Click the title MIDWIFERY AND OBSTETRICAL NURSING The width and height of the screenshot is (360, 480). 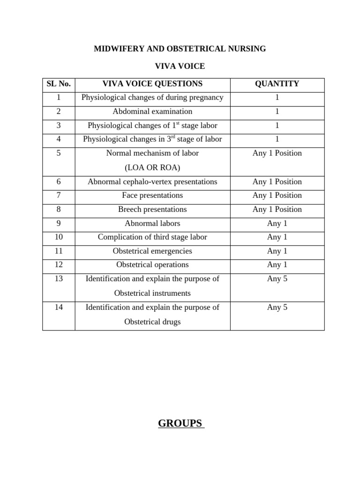pyautogui.click(x=180, y=49)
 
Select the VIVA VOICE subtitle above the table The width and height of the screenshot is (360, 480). pyautogui.click(x=180, y=67)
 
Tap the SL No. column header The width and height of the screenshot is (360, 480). pyautogui.click(x=59, y=84)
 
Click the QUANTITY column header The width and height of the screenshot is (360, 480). pyautogui.click(x=277, y=84)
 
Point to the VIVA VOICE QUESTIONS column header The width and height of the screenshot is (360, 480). pyautogui.click(x=152, y=84)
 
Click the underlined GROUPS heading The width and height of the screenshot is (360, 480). pyautogui.click(x=181, y=424)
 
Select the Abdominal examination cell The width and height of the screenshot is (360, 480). pyautogui.click(x=152, y=112)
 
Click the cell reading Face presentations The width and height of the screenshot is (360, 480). pyautogui.click(x=152, y=195)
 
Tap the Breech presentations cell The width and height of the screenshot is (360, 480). pyautogui.click(x=152, y=210)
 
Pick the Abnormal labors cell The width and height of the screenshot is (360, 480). pyautogui.click(x=152, y=223)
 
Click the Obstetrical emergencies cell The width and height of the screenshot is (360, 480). pyautogui.click(x=152, y=251)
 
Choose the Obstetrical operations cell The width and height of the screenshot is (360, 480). pyautogui.click(x=152, y=265)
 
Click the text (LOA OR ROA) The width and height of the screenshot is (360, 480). pyautogui.click(x=152, y=168)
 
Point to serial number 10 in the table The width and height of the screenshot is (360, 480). pyautogui.click(x=59, y=237)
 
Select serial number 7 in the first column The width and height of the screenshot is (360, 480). pyautogui.click(x=59, y=195)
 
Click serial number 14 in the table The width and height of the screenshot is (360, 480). pyautogui.click(x=59, y=307)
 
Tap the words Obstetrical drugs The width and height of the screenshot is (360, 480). pyautogui.click(x=152, y=322)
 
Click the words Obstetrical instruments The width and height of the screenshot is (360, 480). pyautogui.click(x=152, y=293)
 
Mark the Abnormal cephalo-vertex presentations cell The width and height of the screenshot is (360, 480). pyautogui.click(x=152, y=182)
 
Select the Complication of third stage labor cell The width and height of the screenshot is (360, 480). pyautogui.click(x=152, y=237)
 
